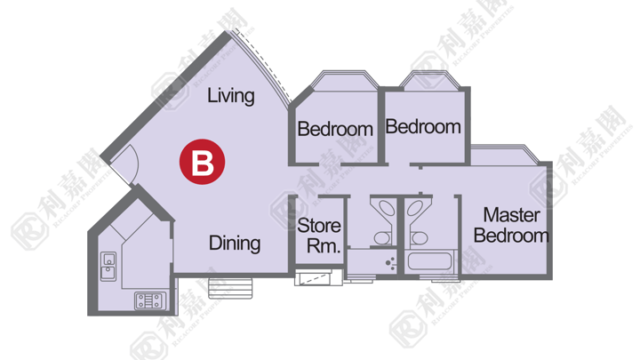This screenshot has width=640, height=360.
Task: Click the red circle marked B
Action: coord(202,162)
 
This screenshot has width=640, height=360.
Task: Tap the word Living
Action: coord(231,96)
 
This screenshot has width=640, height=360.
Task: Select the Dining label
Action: coord(235,244)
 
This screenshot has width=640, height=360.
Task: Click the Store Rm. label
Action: coord(319,236)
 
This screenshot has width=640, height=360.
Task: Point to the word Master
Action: coord(511,215)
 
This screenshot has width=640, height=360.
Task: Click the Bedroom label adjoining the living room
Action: coord(335,129)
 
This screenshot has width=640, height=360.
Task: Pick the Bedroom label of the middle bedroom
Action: coord(423,126)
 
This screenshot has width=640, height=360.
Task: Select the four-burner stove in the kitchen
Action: coord(150,300)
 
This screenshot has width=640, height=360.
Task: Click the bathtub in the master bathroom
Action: coord(430,260)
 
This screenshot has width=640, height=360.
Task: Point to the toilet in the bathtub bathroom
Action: coord(419,238)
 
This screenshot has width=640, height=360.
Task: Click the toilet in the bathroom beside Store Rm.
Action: coord(383,238)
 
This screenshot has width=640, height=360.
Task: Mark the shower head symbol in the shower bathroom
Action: coord(390,263)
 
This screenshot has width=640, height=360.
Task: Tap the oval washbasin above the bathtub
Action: coord(415,208)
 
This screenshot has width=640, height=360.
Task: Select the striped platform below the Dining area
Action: coord(230,288)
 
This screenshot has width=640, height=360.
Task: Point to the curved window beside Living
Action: coord(262,65)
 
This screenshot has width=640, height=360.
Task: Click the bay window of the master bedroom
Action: coord(505,155)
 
